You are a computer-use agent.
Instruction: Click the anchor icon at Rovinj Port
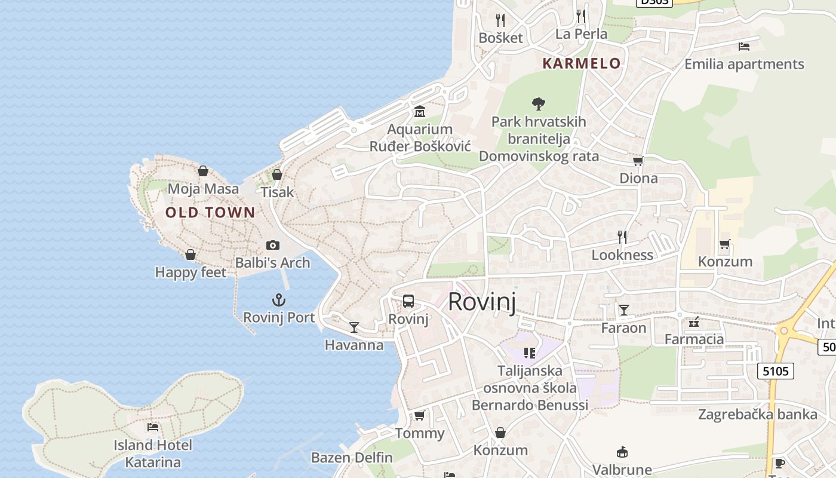[x=279, y=300]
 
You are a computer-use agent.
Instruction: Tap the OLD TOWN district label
[x=210, y=212]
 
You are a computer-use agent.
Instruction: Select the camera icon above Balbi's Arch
[x=273, y=245]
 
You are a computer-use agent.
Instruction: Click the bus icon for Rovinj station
[x=408, y=301]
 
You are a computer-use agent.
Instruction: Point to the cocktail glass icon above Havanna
[x=354, y=327]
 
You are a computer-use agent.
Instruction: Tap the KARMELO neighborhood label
[x=581, y=63]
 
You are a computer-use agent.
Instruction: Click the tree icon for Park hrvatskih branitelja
[x=539, y=104]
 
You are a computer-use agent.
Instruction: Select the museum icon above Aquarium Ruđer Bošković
[x=420, y=112]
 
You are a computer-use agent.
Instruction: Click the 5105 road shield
[x=776, y=371]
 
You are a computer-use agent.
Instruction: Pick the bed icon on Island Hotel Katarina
[x=153, y=427]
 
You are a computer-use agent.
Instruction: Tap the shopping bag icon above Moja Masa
[x=203, y=171]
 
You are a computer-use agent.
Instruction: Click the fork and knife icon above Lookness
[x=622, y=237]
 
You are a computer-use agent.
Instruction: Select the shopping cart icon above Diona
[x=638, y=161]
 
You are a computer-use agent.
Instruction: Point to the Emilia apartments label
[x=744, y=64]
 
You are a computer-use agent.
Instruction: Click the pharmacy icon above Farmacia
[x=694, y=323]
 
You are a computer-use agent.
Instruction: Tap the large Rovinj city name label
[x=481, y=302]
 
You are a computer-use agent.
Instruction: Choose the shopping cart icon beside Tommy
[x=420, y=415]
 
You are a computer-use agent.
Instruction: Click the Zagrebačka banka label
[x=757, y=414]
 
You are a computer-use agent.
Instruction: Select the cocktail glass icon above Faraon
[x=624, y=310]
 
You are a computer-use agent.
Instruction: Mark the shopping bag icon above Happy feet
[x=190, y=255]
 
